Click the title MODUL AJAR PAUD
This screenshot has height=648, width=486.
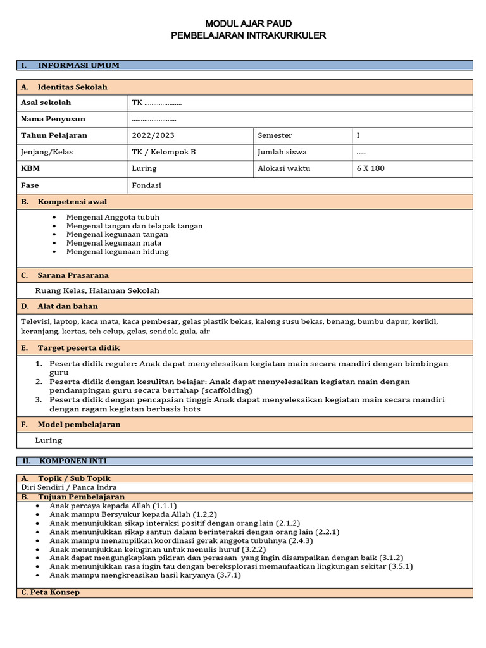pyautogui.click(x=248, y=23)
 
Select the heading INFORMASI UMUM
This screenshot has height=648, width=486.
pyautogui.click(x=78, y=65)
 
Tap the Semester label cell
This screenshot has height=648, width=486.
pyautogui.click(x=275, y=135)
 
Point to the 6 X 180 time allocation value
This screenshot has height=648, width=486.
pyautogui.click(x=371, y=168)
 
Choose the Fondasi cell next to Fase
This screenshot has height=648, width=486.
pyautogui.click(x=146, y=185)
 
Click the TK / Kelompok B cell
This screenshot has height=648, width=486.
pyautogui.click(x=164, y=152)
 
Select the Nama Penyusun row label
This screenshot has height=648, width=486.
pyautogui.click(x=53, y=119)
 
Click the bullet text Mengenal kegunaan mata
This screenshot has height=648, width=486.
pyautogui.click(x=114, y=243)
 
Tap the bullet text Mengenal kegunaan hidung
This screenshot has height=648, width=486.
pyautogui.click(x=118, y=251)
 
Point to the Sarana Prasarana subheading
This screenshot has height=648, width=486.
pyautogui.click(x=73, y=275)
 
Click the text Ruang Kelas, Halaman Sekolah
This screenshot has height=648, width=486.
pyautogui.click(x=97, y=290)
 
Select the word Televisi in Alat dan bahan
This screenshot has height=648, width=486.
pyautogui.click(x=35, y=321)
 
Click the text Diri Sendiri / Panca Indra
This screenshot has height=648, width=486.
pyautogui.click(x=68, y=487)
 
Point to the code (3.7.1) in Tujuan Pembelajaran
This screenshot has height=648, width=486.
pyautogui.click(x=229, y=575)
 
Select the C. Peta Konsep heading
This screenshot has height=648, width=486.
pyautogui.click(x=50, y=592)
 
